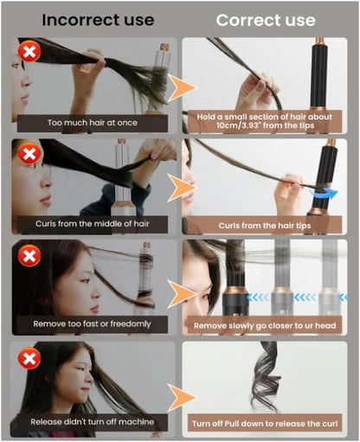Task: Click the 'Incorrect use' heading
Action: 98,20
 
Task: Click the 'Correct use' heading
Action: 266,20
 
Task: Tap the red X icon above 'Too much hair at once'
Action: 29,52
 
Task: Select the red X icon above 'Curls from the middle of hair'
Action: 29,153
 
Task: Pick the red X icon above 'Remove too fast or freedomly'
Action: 29,255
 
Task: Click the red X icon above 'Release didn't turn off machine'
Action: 29,358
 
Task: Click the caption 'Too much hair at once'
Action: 93,123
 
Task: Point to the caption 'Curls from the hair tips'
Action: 265,226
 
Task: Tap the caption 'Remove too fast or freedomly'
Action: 92,324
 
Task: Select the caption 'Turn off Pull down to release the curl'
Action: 265,424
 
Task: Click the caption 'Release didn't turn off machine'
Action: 93,422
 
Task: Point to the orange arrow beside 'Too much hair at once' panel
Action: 182,88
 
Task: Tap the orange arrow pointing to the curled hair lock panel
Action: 182,398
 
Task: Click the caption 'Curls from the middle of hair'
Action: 93,224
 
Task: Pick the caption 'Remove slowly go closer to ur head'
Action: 265,326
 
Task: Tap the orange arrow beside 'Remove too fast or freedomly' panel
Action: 182,294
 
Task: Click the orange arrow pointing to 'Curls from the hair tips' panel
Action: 182,188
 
